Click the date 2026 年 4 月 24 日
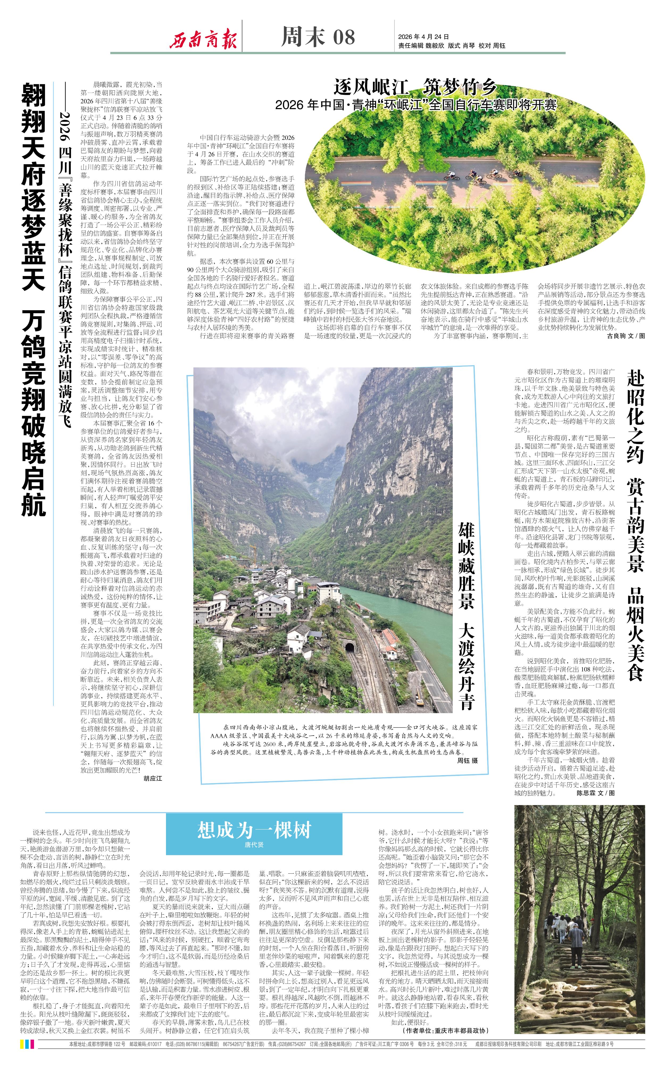(x=423, y=37)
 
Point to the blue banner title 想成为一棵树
(x=254, y=830)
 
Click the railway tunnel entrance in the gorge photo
(x=350, y=647)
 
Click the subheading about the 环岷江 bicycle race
(x=415, y=105)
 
